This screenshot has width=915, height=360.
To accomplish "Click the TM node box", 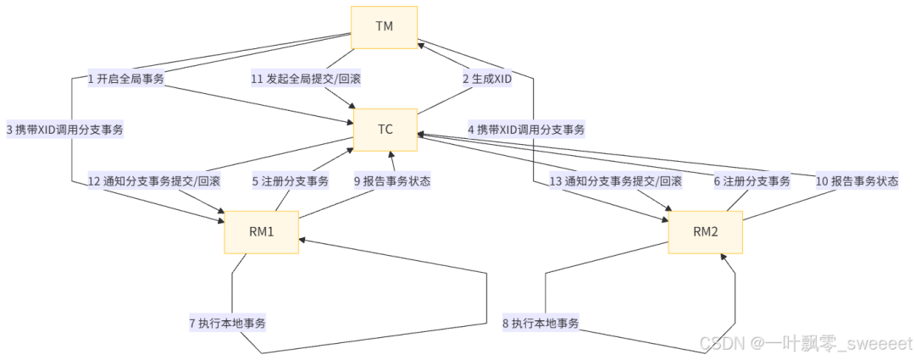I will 384,25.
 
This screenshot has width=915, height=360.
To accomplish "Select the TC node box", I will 384,130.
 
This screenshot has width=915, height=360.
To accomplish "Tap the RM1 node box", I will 261,232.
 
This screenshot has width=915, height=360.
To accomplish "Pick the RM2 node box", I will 705,232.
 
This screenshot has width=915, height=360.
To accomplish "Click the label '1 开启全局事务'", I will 125,79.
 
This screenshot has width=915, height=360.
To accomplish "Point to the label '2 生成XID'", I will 487,79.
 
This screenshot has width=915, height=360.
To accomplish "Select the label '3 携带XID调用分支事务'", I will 64,130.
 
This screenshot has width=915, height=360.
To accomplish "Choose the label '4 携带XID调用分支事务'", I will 526,130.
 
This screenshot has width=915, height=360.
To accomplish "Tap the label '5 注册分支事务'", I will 290,180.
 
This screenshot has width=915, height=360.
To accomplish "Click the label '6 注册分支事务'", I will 751,180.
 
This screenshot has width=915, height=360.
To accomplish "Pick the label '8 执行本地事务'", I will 541,323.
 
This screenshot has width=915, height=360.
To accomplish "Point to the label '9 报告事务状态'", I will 391,180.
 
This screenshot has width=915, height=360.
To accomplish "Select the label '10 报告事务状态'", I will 857,180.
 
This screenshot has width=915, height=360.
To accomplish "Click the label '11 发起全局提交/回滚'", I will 307,79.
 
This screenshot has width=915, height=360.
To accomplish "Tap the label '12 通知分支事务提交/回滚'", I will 153,180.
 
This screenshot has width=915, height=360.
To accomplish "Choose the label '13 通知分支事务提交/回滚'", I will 615,180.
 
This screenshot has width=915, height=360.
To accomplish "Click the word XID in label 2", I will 502,79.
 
